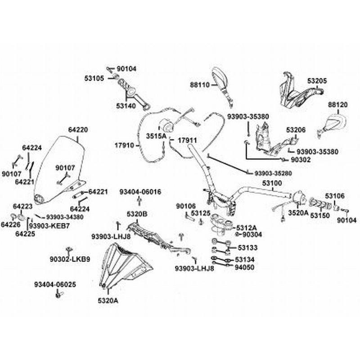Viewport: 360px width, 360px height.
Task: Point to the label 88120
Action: click(x=337, y=104)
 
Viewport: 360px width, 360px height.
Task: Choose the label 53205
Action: click(x=317, y=81)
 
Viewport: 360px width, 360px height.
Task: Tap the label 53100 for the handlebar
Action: click(x=272, y=184)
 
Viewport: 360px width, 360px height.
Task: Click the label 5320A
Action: click(x=108, y=300)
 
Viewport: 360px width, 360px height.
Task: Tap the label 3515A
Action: click(x=156, y=135)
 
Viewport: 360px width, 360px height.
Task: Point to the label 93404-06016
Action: click(x=139, y=192)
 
